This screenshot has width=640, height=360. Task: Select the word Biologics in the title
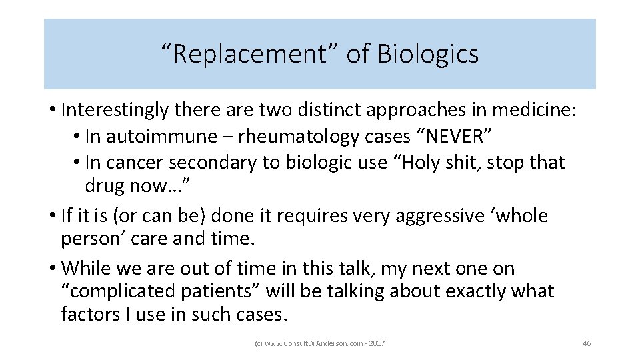pos(427,54)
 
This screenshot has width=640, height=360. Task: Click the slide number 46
pos(587,343)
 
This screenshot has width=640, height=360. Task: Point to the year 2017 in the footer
pos(377,343)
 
